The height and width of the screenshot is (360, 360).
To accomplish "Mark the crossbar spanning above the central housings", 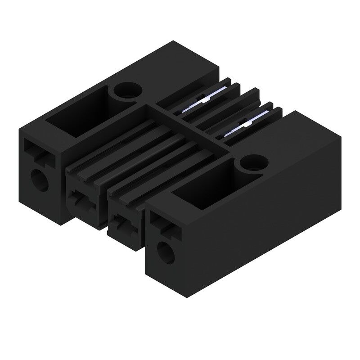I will [x=193, y=126].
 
